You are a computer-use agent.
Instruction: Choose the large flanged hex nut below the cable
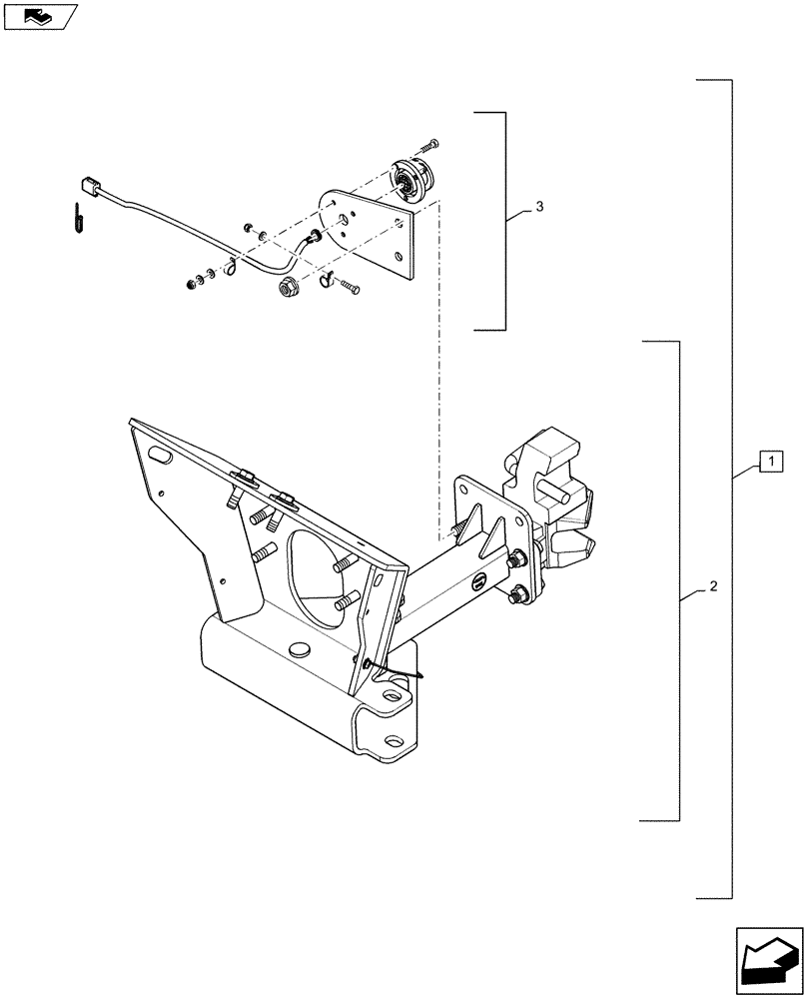click(x=288, y=288)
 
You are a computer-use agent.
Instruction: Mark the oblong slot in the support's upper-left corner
click(x=160, y=455)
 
